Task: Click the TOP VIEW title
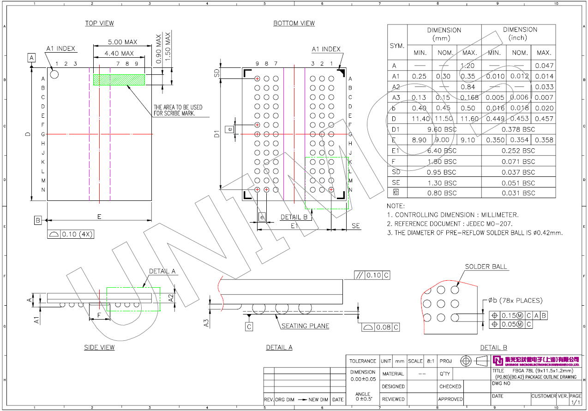99,23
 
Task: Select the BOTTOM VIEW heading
294,23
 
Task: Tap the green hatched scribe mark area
119,79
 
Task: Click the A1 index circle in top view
54,74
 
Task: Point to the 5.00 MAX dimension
122,42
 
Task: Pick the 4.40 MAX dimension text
119,54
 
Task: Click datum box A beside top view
32,58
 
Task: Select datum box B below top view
38,220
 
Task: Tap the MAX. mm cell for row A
468,66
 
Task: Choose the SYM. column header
397,46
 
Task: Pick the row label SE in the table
396,183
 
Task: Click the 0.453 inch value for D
520,119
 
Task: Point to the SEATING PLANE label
305,326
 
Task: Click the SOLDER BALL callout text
486,266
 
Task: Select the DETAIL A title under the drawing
279,347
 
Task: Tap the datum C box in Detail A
249,326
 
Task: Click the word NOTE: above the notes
396,206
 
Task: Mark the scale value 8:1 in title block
430,361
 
